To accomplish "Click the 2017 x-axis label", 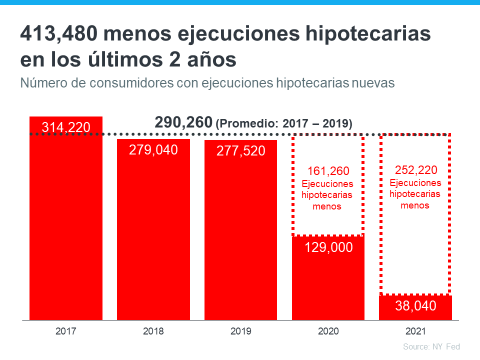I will coord(66,331).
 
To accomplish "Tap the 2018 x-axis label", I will coord(153,331).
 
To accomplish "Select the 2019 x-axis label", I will coord(240,331).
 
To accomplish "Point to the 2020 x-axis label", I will coord(328,331).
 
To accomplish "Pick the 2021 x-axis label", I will coord(415,331).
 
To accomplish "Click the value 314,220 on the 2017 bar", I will coord(66,127).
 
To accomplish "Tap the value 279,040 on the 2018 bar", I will coord(153,149).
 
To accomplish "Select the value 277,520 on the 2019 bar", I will coord(240,151).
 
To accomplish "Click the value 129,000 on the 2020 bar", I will coord(328,247).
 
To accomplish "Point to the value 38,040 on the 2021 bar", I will coord(415,306).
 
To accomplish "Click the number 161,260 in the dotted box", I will coord(328,171).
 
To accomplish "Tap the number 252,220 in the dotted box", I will coord(415,169).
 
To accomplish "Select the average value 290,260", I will coord(183,122).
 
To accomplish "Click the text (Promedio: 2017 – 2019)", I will coord(283,123).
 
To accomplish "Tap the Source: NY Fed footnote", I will coord(431,346).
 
